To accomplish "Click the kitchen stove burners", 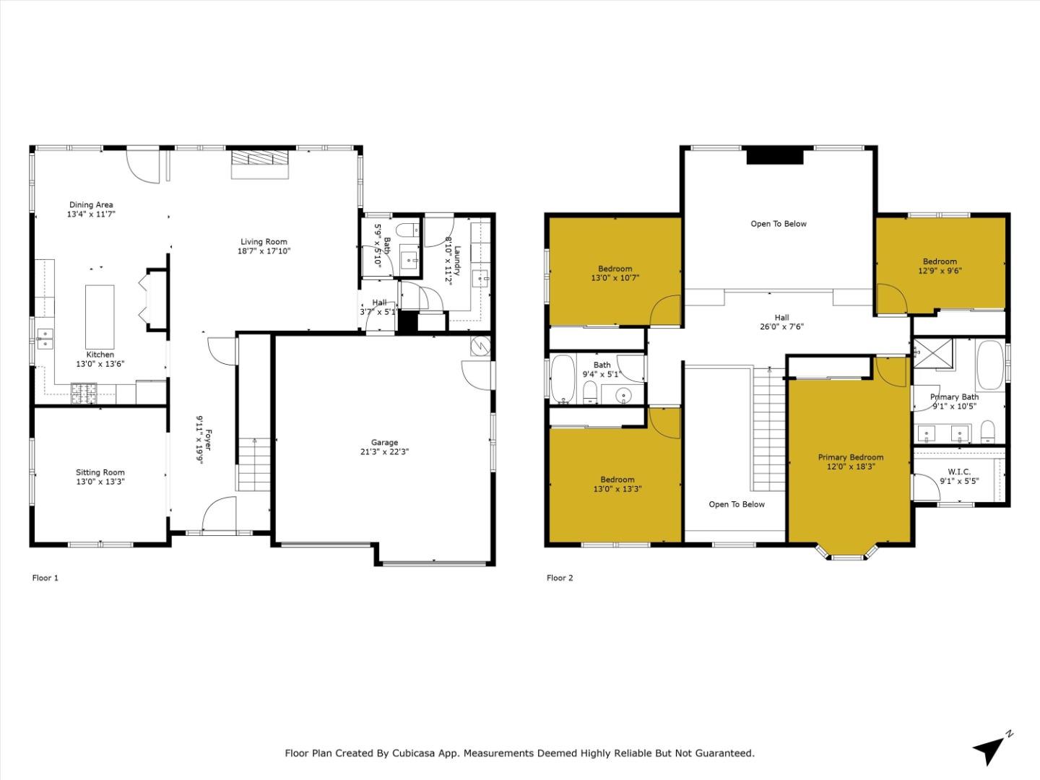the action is [84, 393].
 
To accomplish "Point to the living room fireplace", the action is [260, 165].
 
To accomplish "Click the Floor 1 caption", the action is [45, 578].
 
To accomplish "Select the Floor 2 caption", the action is [560, 578].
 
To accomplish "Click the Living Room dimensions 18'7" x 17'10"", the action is [264, 251].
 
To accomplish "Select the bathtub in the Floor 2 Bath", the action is [563, 378].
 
